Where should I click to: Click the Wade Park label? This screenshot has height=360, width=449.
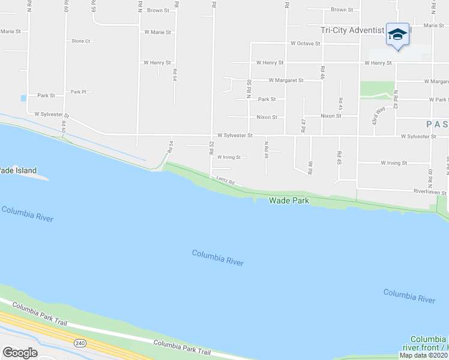point(289,200)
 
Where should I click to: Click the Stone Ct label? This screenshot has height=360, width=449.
point(80,41)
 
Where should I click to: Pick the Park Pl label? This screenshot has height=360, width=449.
point(79,92)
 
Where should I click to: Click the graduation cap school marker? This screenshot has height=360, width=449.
point(397,34)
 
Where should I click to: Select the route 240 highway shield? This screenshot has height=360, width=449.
point(79,343)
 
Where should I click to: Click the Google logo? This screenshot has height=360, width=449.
point(20,353)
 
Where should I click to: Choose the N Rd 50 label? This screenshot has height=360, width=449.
point(249,89)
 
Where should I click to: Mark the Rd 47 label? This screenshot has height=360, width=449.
point(304,125)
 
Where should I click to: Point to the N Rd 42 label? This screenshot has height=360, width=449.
point(396,98)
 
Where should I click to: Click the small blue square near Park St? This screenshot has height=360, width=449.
point(23,98)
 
